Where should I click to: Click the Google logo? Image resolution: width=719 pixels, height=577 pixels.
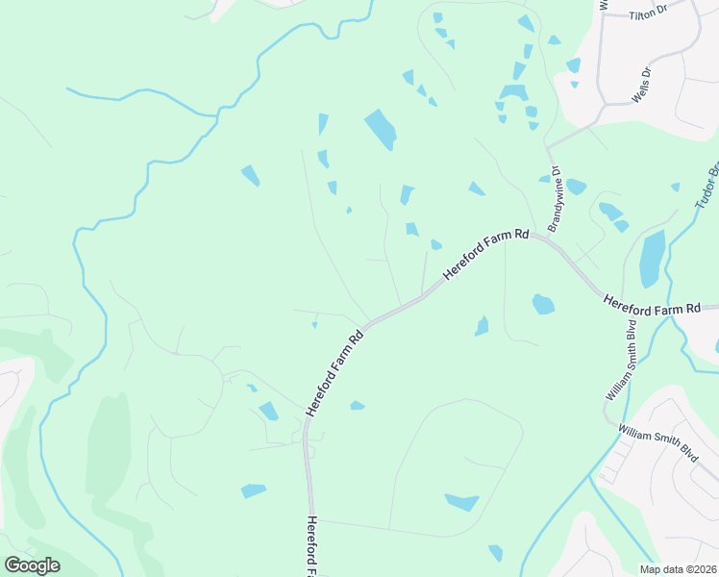32,565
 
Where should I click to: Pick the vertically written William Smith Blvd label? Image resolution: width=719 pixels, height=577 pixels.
620,361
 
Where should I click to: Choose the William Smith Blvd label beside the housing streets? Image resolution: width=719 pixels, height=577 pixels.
658,443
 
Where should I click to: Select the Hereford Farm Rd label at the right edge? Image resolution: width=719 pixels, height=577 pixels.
652,307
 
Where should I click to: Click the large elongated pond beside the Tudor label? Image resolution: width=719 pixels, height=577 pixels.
652,258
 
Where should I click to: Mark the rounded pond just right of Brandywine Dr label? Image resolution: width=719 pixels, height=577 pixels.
576,187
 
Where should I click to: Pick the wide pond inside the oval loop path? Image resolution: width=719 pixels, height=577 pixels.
461,502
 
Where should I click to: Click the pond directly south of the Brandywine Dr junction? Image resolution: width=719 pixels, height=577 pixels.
543,305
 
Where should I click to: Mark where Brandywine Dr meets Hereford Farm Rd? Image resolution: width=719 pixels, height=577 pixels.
548,240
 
